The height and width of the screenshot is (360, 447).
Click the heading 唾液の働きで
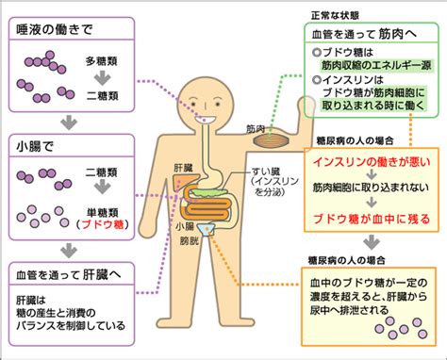55,29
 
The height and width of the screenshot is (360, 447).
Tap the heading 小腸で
35,146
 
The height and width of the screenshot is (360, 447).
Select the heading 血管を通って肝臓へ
68,275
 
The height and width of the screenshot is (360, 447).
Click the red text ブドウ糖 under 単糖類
103,224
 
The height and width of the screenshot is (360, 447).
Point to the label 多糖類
101,61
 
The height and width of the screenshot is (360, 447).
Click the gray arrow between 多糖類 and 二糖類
102,78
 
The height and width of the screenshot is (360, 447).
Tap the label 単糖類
102,212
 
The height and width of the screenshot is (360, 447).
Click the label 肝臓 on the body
183,168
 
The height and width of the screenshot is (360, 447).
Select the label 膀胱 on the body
190,241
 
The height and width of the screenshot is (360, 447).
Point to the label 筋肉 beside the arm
255,129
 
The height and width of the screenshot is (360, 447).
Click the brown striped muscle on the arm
272,139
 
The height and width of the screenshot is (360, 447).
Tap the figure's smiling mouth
206,120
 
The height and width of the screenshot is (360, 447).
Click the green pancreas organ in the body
208,191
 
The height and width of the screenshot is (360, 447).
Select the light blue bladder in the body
206,229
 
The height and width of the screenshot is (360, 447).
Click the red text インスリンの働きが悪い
372,162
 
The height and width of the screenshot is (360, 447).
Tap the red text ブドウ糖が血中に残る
372,219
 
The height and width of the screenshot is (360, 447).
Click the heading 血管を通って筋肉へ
364,34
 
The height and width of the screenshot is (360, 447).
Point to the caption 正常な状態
335,15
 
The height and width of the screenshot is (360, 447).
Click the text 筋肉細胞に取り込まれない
371,188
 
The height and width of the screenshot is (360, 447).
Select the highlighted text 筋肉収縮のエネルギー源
376,65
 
